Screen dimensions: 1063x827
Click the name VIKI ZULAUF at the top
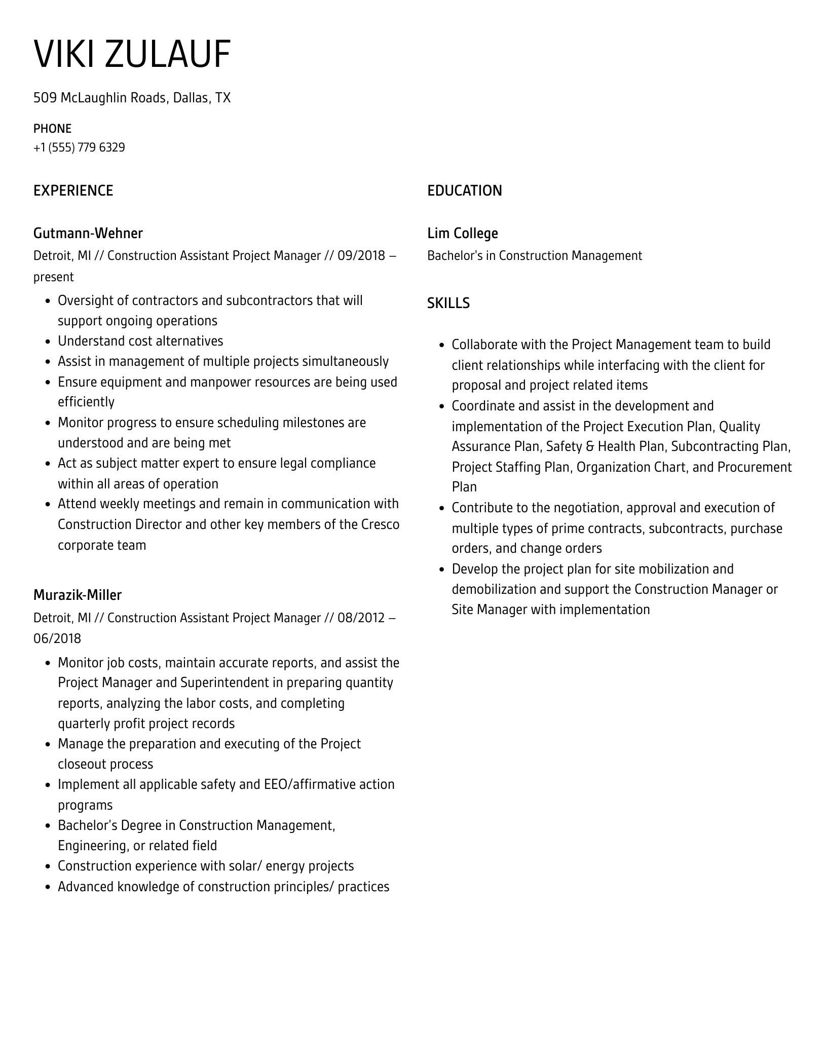click(132, 54)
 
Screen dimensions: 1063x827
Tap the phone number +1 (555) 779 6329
click(79, 147)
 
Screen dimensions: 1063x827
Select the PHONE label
click(52, 129)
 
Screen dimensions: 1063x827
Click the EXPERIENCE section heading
click(73, 191)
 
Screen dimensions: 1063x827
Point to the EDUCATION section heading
click(464, 191)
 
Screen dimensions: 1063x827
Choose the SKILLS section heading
click(448, 303)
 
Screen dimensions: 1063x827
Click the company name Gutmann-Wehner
click(88, 234)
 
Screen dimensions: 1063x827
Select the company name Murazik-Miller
click(77, 595)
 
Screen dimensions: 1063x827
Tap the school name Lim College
click(462, 234)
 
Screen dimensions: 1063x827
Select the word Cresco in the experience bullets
click(380, 524)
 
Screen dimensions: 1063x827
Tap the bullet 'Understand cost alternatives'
click(140, 341)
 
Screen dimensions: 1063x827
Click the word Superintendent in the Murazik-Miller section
click(224, 683)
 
